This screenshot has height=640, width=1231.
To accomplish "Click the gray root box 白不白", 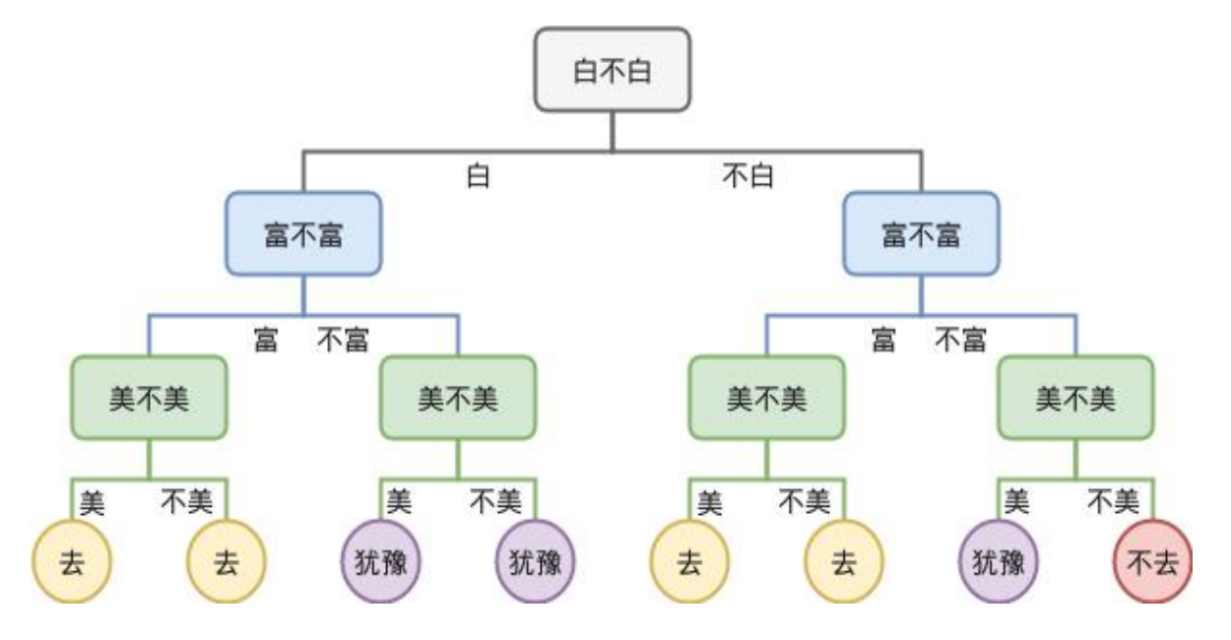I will pyautogui.click(x=612, y=70).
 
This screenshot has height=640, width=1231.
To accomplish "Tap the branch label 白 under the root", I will pyautogui.click(x=478, y=177).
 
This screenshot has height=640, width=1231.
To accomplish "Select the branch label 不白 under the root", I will pyautogui.click(x=748, y=177).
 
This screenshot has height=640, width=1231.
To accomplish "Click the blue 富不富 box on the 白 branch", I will pyautogui.click(x=303, y=234).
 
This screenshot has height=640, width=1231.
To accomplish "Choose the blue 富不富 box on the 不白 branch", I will pyautogui.click(x=921, y=234).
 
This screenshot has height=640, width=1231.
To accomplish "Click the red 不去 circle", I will pyautogui.click(x=1152, y=562).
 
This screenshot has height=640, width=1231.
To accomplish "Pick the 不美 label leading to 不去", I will pyautogui.click(x=1113, y=503).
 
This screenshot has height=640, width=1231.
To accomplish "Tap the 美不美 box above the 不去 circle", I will pyautogui.click(x=1075, y=398).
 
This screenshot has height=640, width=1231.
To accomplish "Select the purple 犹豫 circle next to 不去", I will pyautogui.click(x=998, y=562).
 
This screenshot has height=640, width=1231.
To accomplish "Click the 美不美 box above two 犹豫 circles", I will pyautogui.click(x=458, y=398).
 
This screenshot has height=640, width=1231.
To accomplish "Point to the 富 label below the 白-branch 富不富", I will pyautogui.click(x=265, y=341).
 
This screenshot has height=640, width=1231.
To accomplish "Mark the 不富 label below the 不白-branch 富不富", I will pyautogui.click(x=960, y=341).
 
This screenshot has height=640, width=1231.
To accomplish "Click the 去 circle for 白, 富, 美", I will pyautogui.click(x=71, y=562).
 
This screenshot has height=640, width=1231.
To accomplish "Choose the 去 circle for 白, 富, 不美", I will pyautogui.click(x=226, y=562).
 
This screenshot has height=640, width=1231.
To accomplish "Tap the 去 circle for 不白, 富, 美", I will pyautogui.click(x=688, y=562).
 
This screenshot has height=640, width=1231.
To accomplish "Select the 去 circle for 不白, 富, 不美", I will pyautogui.click(x=843, y=562).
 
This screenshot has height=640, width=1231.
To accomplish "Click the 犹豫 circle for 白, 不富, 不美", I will pyautogui.click(x=535, y=562).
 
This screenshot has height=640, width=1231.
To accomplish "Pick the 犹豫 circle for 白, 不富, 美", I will pyautogui.click(x=380, y=562).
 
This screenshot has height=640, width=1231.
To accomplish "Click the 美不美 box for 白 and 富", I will pyautogui.click(x=149, y=398).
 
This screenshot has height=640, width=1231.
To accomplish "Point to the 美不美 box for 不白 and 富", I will pyautogui.click(x=766, y=398).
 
